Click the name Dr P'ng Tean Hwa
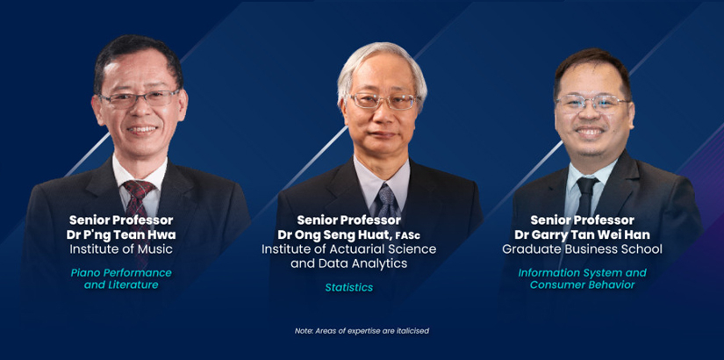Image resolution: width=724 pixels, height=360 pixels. (x=121, y=234)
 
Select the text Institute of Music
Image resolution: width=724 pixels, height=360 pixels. (x=121, y=249)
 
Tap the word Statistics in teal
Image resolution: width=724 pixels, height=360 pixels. (x=349, y=287)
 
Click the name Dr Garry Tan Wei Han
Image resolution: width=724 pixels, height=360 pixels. (x=582, y=234)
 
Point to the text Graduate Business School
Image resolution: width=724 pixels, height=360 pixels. (x=582, y=249)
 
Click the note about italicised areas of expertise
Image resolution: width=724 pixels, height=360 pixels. (x=362, y=331)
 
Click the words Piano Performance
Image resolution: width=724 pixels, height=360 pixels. (x=121, y=273)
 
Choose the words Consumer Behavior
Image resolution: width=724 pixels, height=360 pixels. (x=582, y=284)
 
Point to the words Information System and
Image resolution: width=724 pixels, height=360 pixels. (x=582, y=273)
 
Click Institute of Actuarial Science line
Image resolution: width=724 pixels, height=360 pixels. (x=349, y=249)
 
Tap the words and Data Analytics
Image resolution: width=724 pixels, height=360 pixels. (x=349, y=263)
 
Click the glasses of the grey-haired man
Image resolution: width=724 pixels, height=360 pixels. (x=384, y=101)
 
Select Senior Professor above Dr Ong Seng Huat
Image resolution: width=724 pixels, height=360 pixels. (x=349, y=220)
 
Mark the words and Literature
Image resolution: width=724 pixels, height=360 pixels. (x=121, y=284)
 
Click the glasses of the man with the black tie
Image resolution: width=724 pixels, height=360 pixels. (x=592, y=103)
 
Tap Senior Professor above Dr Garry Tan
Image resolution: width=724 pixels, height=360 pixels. (x=582, y=220)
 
